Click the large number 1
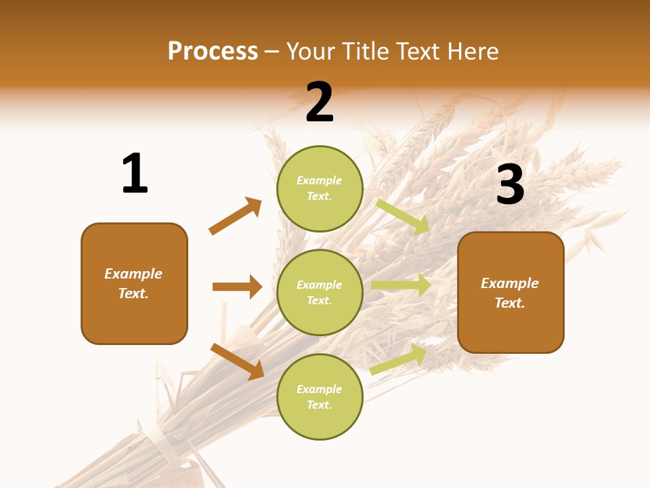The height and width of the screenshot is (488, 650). point(135,174)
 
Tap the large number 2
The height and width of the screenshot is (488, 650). point(320,102)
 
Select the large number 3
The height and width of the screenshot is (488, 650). point(510,184)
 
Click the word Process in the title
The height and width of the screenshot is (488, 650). point(213,51)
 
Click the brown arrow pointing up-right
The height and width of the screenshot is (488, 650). point(236,216)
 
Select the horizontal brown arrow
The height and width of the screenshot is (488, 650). point(237,287)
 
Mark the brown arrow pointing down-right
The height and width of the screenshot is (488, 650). point(238,361)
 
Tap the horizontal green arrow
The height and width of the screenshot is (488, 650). point(401,285)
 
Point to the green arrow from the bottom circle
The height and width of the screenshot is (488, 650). point(398,359)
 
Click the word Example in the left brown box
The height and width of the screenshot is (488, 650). point(133,274)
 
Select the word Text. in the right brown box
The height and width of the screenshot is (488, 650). point(510,303)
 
